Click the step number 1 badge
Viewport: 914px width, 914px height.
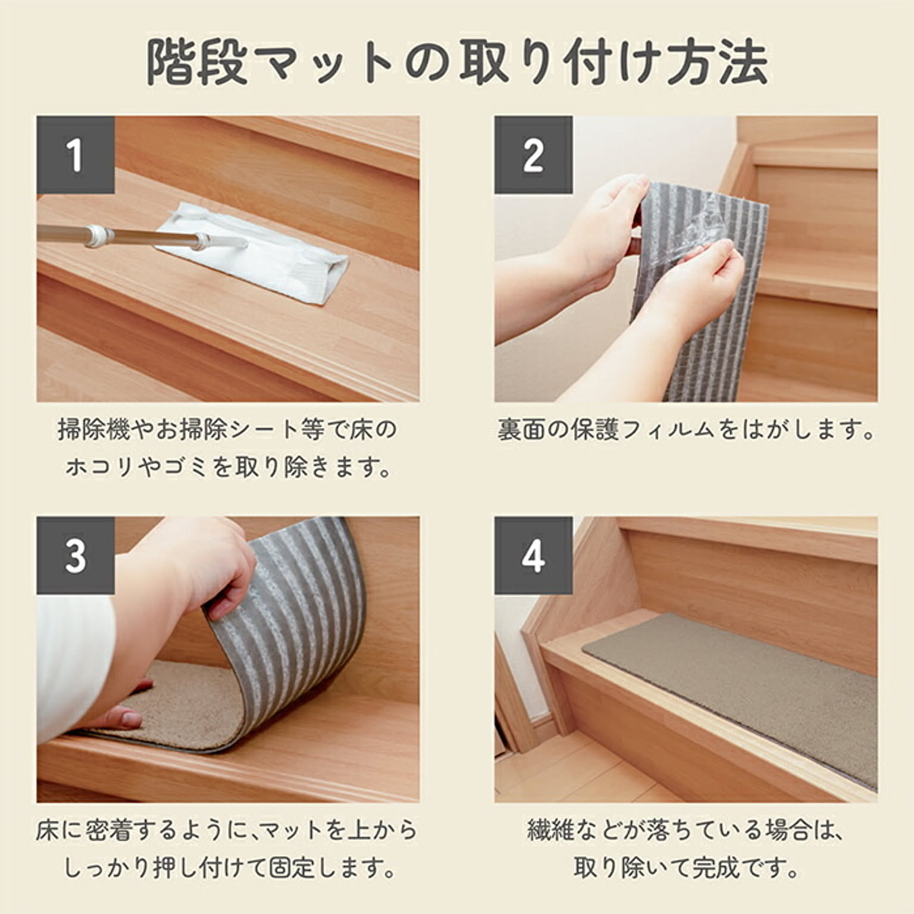[76, 155]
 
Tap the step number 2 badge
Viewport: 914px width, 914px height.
[533, 155]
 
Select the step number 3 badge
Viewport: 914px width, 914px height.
[76, 555]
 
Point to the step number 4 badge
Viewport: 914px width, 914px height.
[533, 555]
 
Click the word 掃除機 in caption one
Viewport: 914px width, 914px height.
[93, 429]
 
